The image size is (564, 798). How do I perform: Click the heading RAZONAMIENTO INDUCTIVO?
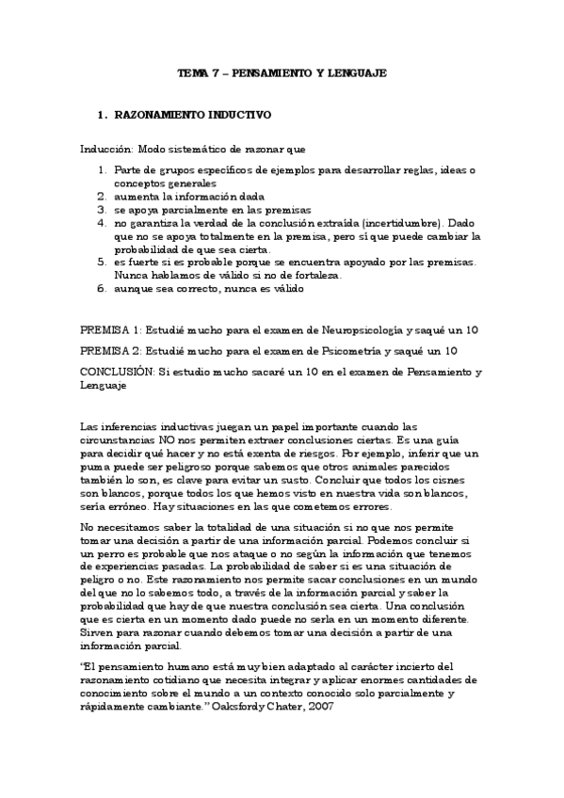[192, 115]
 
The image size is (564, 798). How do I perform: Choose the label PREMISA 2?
[111, 351]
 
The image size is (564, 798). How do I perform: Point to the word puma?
[95, 467]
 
